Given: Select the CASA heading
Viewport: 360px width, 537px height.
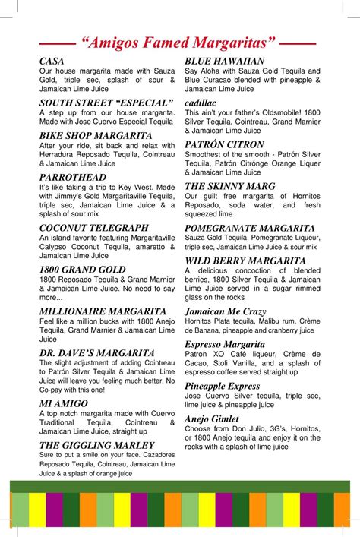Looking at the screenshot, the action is tap(52, 61).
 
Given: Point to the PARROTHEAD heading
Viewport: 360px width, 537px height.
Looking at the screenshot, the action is tap(73, 177).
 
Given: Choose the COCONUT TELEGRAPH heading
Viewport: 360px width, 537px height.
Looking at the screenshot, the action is tap(93, 227).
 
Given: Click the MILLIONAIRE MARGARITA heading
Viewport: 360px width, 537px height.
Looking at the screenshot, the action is tap(103, 311).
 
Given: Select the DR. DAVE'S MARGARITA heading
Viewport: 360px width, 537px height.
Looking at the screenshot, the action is tap(96, 352).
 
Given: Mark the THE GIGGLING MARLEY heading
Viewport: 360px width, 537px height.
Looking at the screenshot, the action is tap(96, 445).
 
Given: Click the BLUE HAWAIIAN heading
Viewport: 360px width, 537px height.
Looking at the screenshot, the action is tap(225, 61).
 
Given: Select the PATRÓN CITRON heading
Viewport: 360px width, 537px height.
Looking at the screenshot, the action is tap(225, 144).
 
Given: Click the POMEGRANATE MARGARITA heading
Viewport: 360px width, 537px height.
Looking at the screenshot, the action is tap(250, 228).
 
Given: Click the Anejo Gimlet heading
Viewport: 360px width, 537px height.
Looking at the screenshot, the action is tap(217, 419).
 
